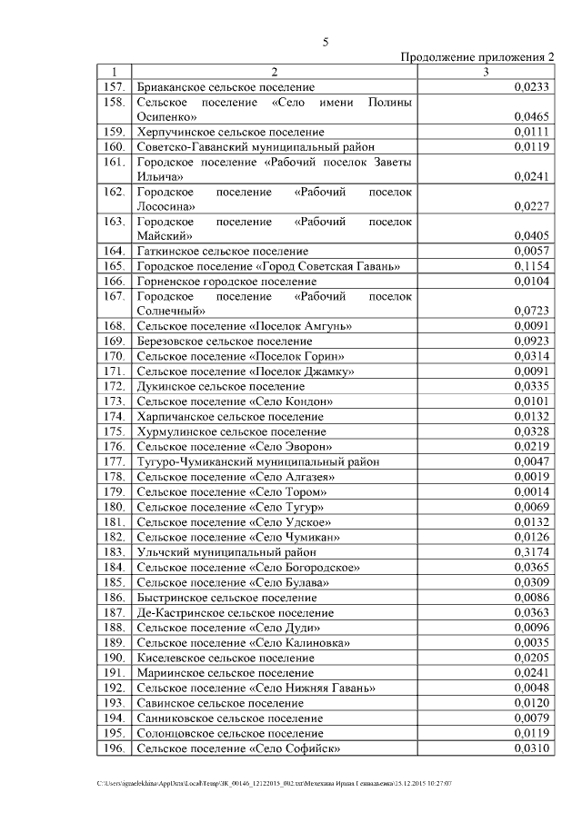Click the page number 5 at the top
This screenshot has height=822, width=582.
325,42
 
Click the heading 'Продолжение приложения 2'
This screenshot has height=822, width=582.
477,57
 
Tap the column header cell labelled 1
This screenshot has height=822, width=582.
114,72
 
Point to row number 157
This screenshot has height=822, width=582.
114,87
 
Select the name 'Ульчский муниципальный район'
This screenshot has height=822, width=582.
226,551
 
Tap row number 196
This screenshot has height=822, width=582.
114,748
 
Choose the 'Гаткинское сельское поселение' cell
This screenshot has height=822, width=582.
222,251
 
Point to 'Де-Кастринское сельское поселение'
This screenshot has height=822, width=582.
235,613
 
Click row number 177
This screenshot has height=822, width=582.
114,461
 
